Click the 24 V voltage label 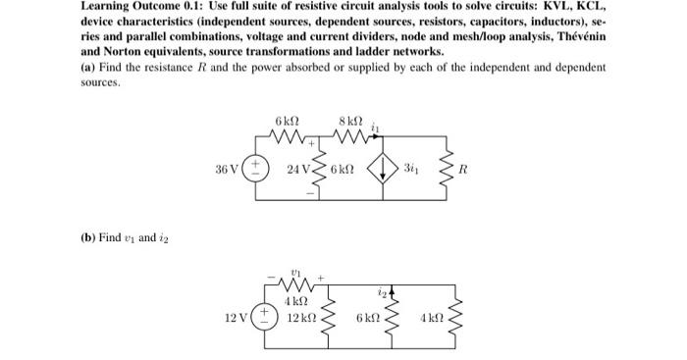pyautogui.click(x=297, y=169)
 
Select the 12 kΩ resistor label pyautogui.click(x=301, y=318)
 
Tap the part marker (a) pyautogui.click(x=88, y=66)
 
